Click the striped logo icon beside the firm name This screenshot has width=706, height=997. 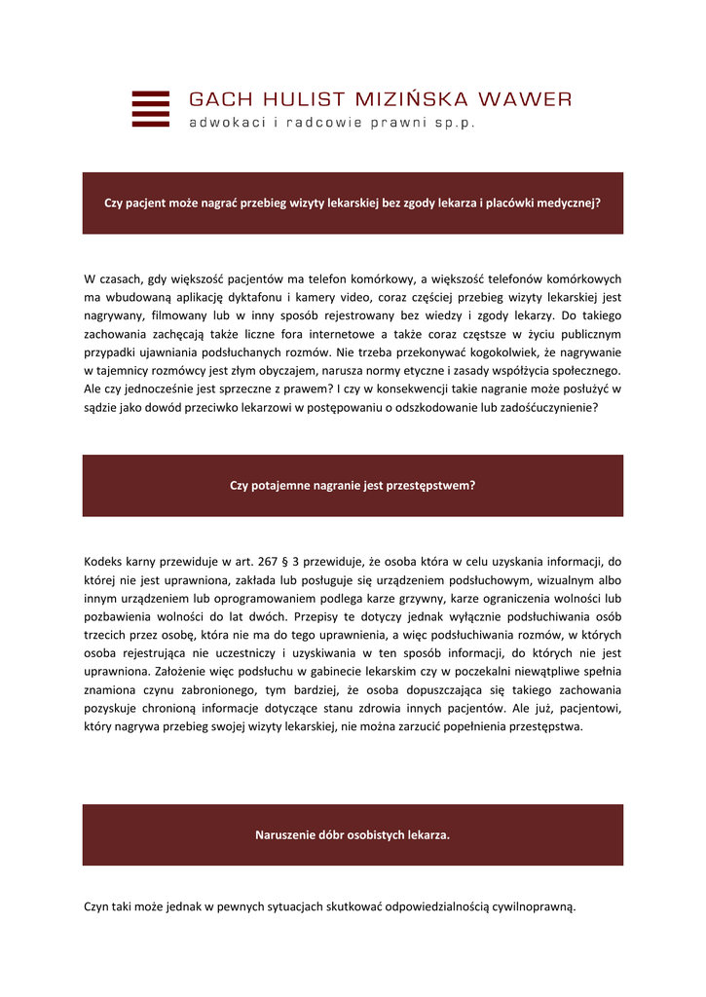[150, 109]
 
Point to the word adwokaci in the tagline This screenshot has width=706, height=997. [224, 124]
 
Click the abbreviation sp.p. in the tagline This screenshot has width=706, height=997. [454, 124]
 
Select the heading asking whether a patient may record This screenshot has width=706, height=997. [353, 203]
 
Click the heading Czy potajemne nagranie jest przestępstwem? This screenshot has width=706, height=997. [353, 485]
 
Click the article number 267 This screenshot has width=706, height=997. [268, 561]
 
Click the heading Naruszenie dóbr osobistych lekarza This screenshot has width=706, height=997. [353, 834]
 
